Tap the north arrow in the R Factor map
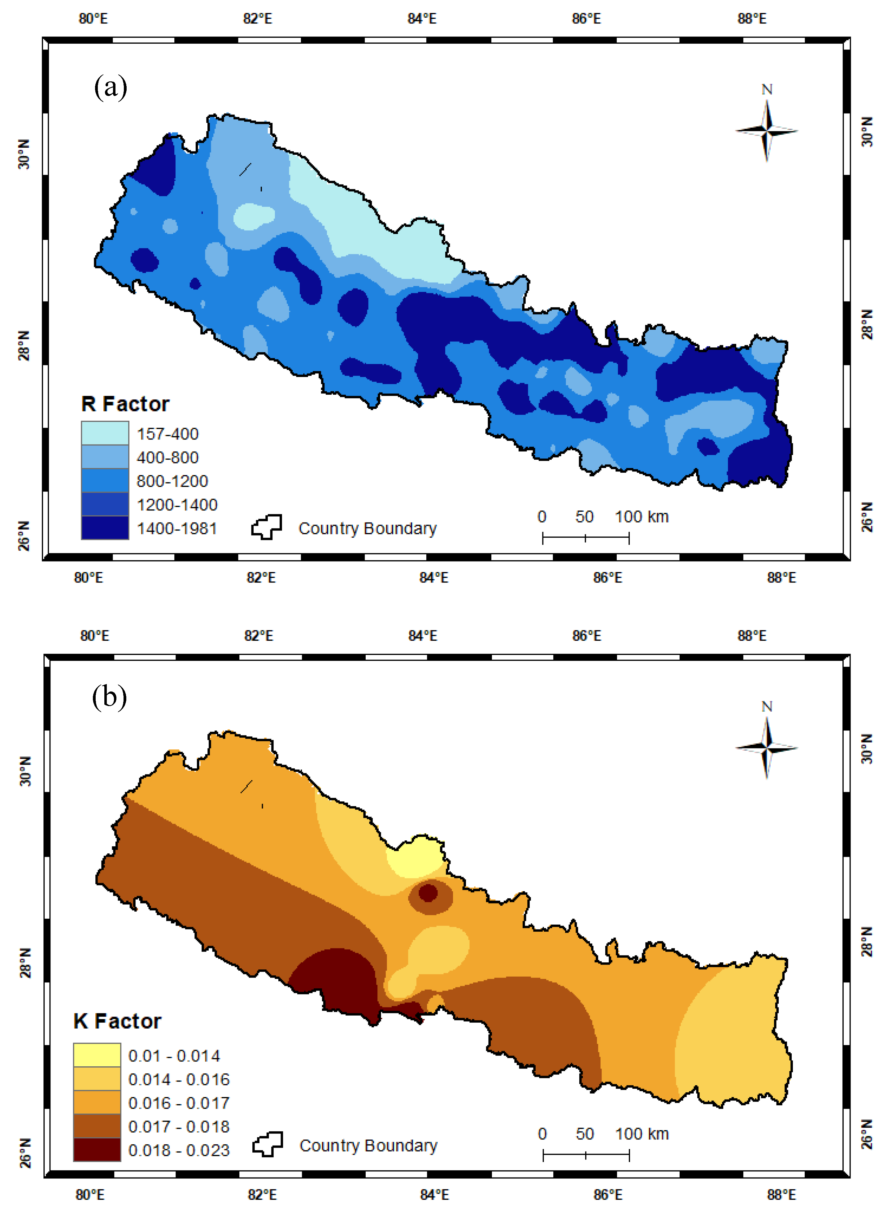(767, 130)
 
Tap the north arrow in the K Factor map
(767, 747)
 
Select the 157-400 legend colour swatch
(105, 433)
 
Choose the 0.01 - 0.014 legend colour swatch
(97, 1055)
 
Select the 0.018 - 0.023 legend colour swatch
(97, 1150)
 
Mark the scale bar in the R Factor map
(586, 538)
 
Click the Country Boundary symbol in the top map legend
(267, 527)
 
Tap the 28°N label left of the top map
(24, 345)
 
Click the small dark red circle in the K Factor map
(428, 892)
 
